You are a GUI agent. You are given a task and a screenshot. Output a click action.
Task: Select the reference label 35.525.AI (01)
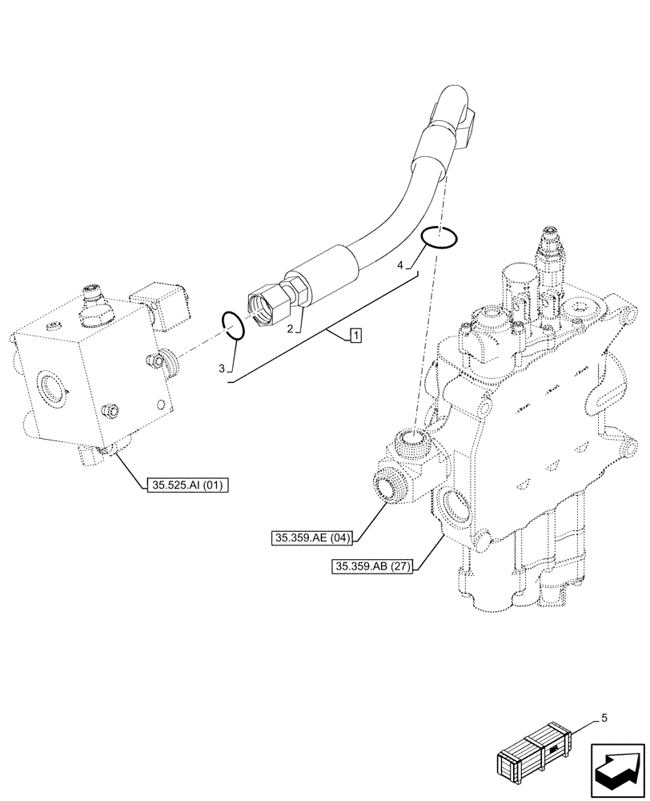pos(187,484)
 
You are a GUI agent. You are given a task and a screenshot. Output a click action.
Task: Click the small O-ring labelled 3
pos(234,325)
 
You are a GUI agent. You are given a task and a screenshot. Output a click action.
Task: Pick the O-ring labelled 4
pos(440,236)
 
